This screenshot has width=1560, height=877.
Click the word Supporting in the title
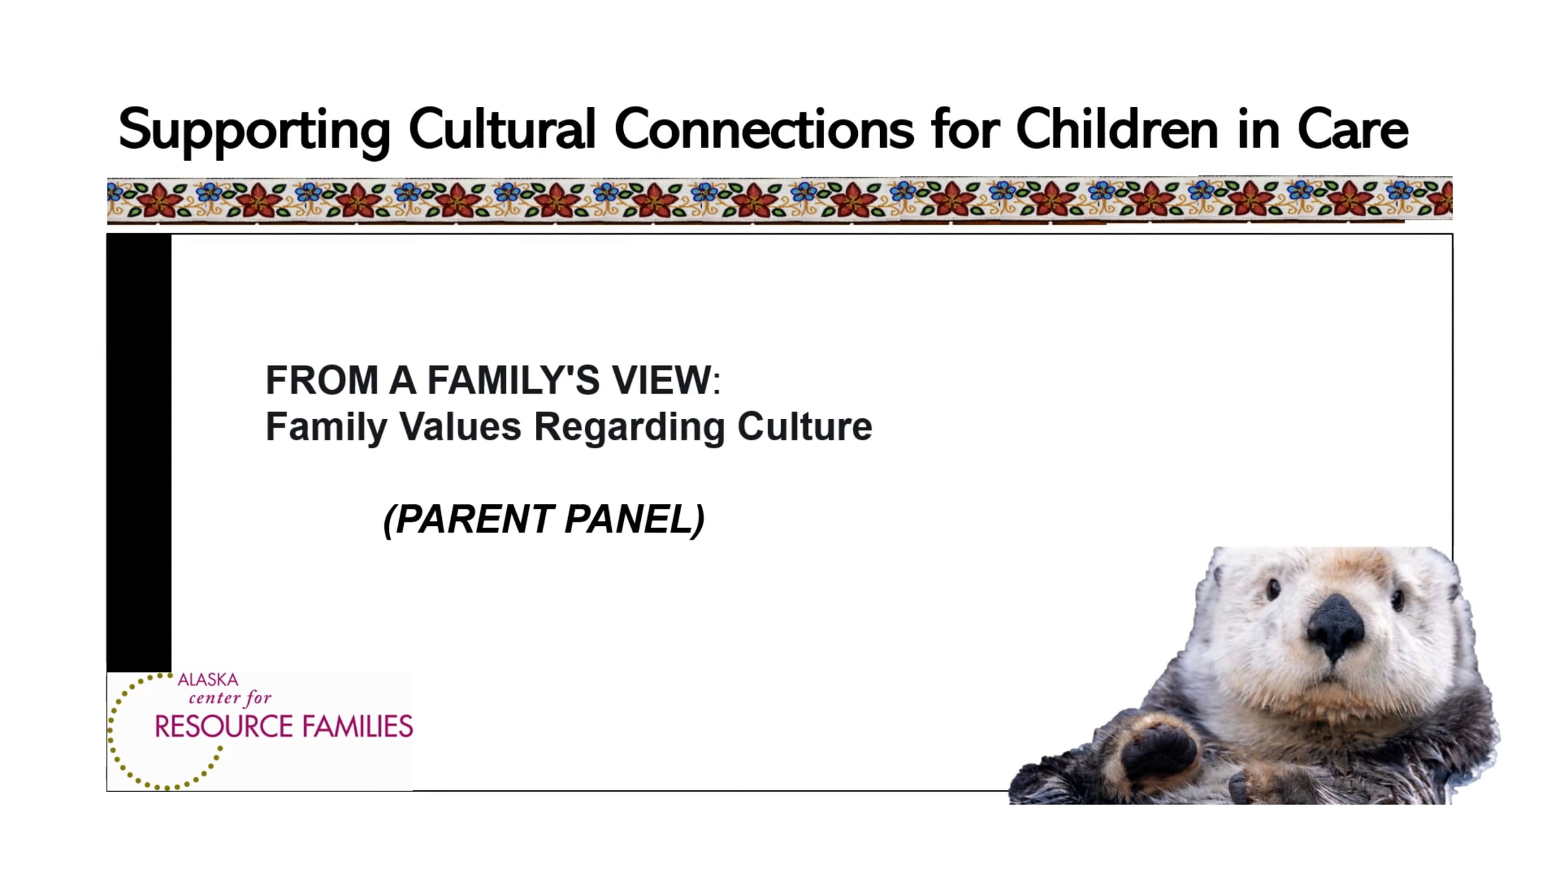click(x=254, y=131)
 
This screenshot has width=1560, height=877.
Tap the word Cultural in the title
click(x=502, y=129)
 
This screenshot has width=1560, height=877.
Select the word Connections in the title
click(x=764, y=129)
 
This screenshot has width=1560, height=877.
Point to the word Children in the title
click(x=1117, y=129)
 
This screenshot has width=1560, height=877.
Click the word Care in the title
click(x=1353, y=129)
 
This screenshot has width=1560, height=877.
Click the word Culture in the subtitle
click(x=805, y=427)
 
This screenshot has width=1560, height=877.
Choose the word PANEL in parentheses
click(x=629, y=519)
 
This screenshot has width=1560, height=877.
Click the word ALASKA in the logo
click(x=208, y=680)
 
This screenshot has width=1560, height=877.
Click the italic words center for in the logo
click(x=230, y=698)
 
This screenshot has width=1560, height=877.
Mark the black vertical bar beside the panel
click(x=139, y=453)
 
